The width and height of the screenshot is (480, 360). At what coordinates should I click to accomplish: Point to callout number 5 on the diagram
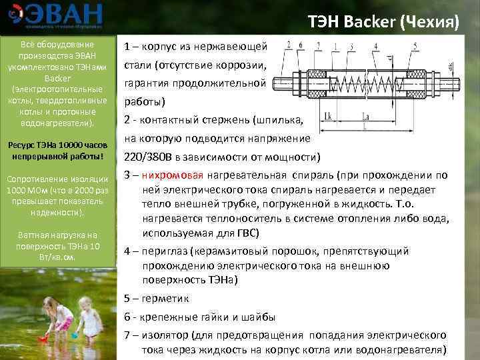coord(415,46)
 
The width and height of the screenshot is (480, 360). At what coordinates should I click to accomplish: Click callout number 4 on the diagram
coord(377,45)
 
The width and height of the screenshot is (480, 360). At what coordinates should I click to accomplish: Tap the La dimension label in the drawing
coord(365,117)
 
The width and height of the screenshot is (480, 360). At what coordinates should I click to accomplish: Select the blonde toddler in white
coord(91,320)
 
